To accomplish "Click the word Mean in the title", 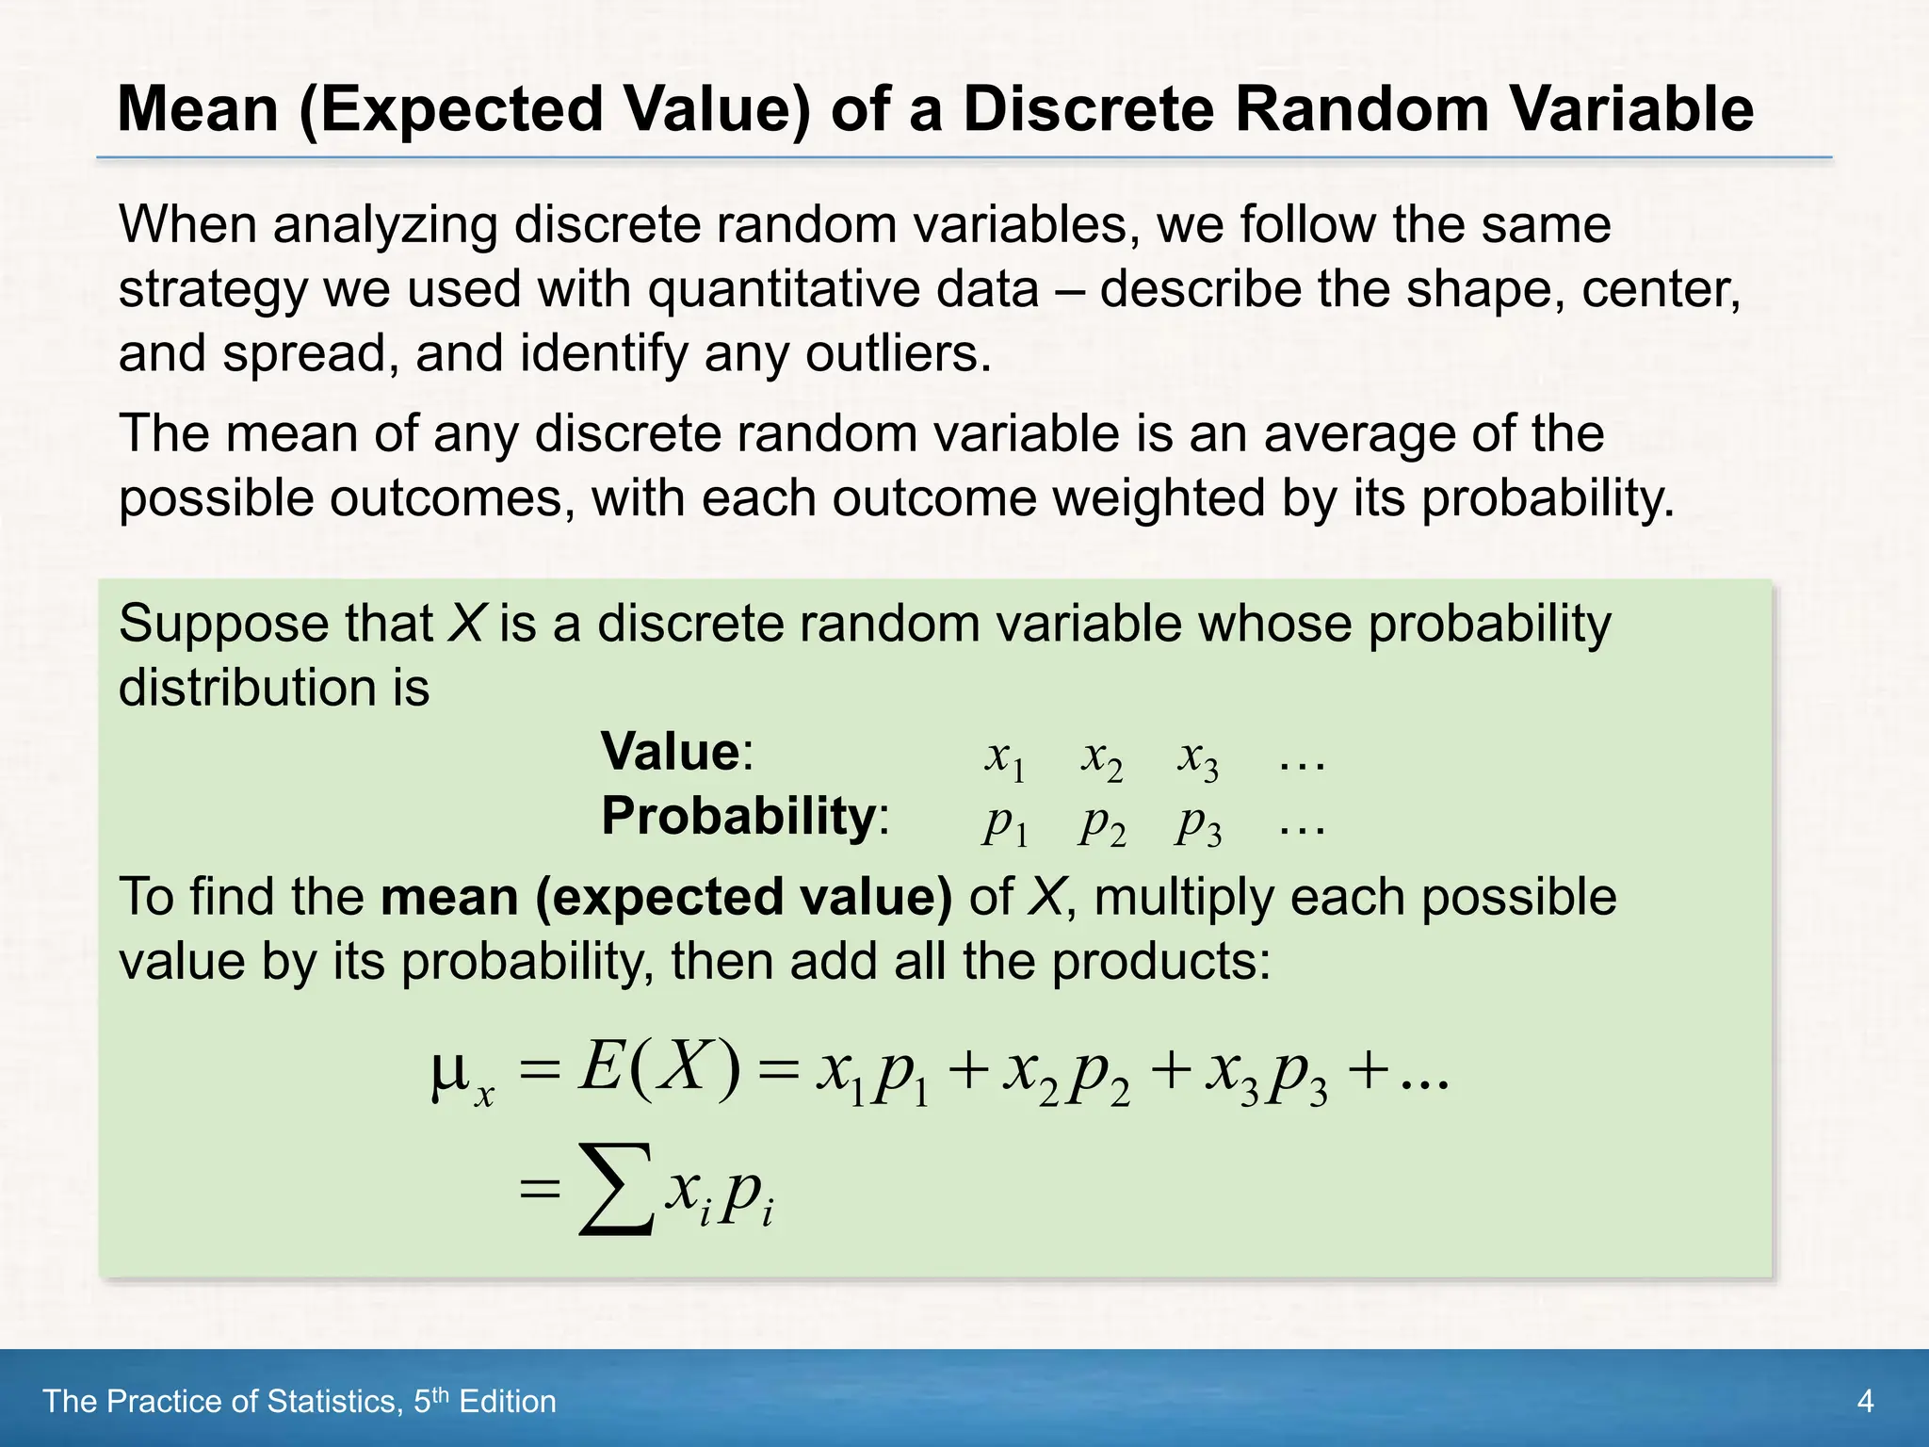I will [x=198, y=109].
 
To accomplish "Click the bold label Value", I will [x=671, y=752].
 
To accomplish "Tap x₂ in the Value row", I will [x=1101, y=757].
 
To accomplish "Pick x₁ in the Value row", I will [x=1004, y=757].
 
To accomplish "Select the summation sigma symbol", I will [x=616, y=1189].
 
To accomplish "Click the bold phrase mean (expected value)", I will [x=666, y=897].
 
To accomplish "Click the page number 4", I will [x=1865, y=1402].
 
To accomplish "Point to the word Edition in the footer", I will [x=508, y=1402].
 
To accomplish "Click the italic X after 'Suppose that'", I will [x=465, y=624].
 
